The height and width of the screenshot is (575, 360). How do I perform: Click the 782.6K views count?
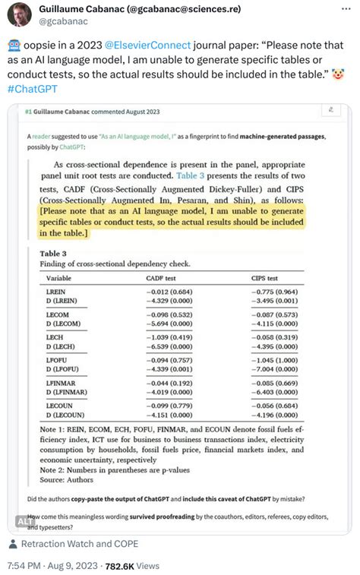[x=119, y=565]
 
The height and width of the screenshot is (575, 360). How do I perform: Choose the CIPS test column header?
[x=265, y=278]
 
